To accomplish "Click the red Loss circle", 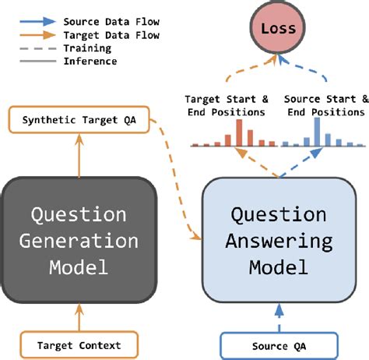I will [x=278, y=29].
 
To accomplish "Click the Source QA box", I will [x=279, y=343].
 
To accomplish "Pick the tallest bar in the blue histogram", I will [x=317, y=130].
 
